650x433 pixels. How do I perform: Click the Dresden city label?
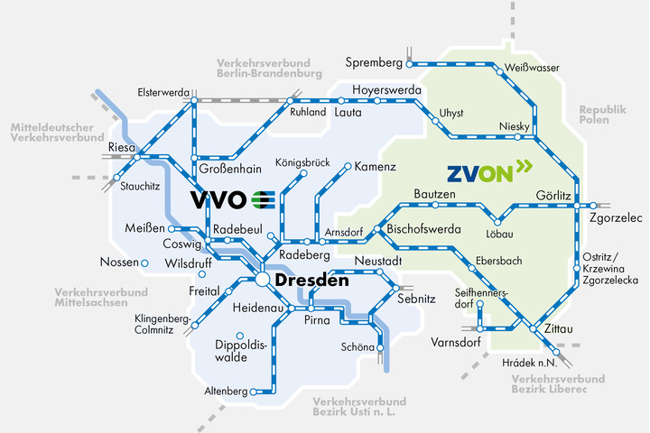[311, 281]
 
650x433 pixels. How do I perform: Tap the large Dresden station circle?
[262, 281]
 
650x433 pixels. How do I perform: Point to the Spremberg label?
[373, 62]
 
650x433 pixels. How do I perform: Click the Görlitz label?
[552, 196]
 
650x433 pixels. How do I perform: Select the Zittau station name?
[559, 329]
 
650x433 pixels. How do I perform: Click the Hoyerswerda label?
[386, 90]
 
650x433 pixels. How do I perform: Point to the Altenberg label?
[225, 392]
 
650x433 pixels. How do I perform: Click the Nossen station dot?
[144, 263]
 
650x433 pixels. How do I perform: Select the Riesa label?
[121, 146]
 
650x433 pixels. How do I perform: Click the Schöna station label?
[358, 346]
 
